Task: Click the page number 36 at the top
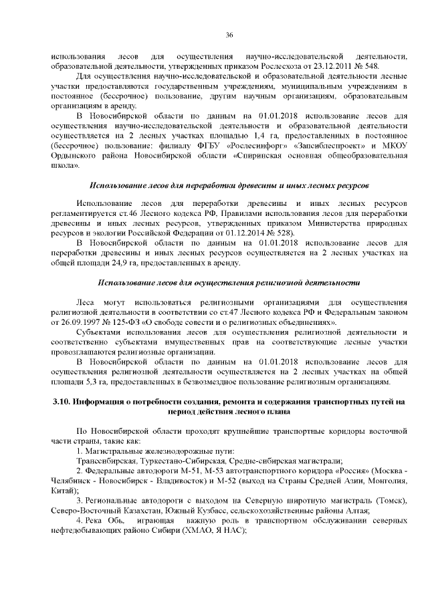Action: coord(229,35)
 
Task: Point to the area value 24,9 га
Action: coord(122,265)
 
